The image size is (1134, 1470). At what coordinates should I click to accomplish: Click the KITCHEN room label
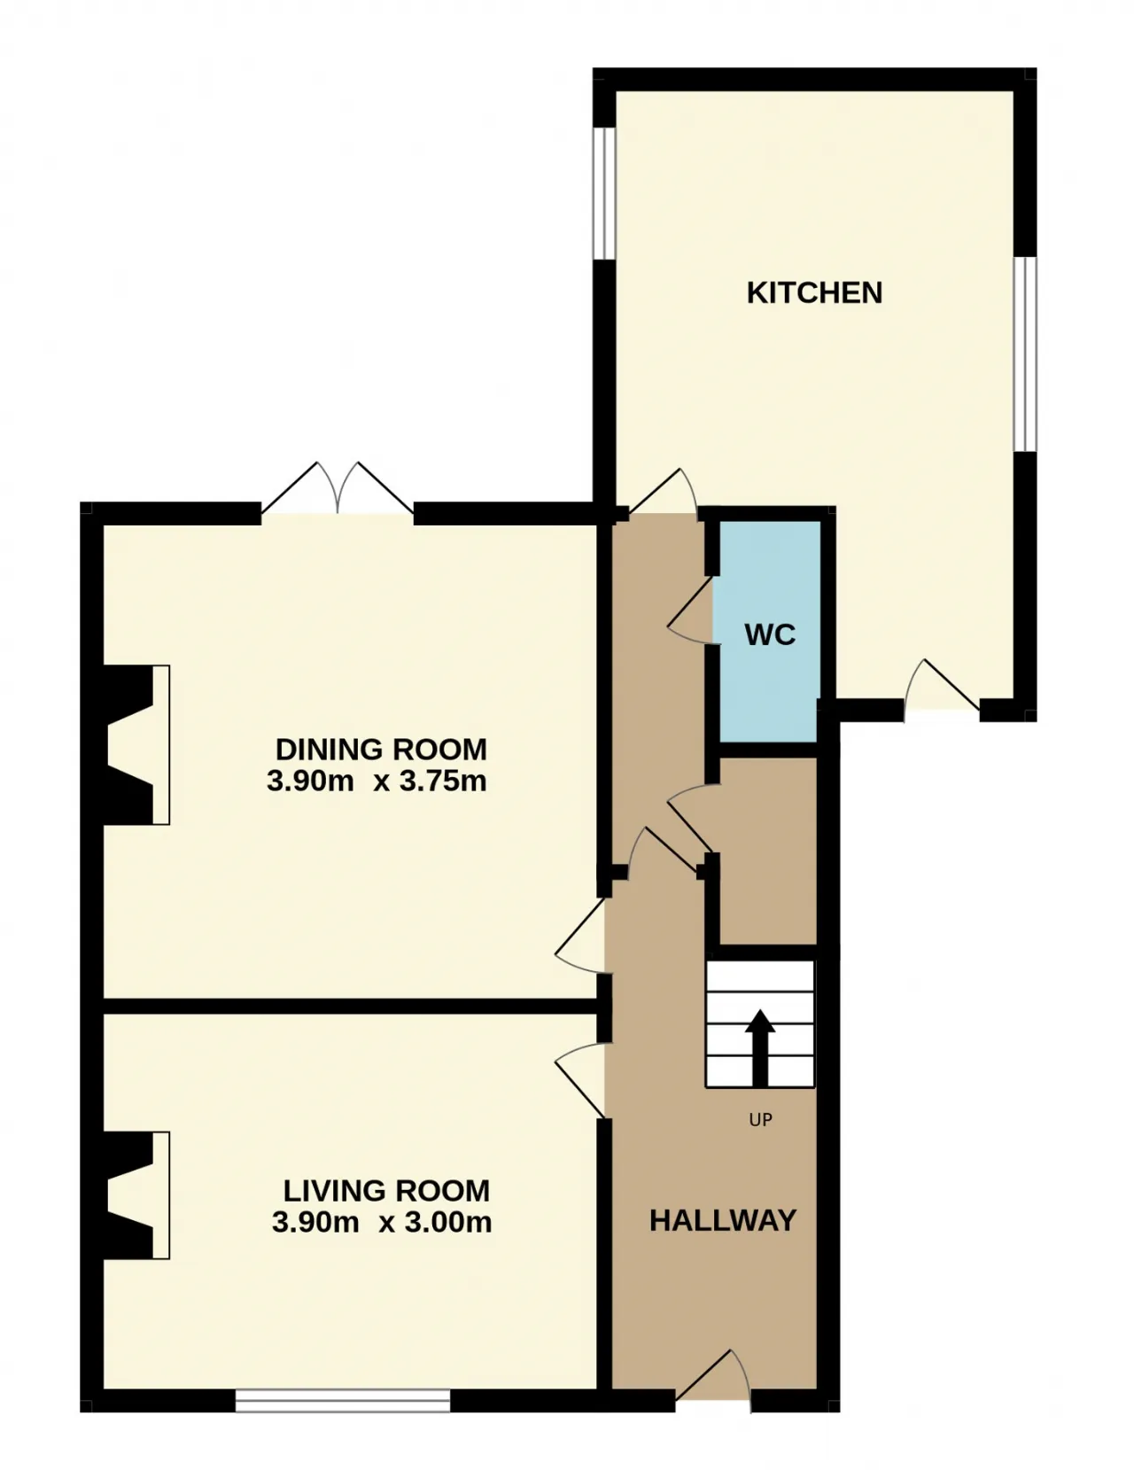814,293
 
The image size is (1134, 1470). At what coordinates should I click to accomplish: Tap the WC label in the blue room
770,634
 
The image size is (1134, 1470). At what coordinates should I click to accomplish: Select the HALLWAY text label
723,1220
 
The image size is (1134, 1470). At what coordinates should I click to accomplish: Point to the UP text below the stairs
760,1120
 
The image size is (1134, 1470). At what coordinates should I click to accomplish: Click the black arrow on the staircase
760,1047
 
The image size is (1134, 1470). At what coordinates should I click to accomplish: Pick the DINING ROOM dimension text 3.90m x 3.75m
377,782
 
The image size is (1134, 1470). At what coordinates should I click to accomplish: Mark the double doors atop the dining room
338,488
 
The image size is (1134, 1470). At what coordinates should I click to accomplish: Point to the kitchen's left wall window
604,193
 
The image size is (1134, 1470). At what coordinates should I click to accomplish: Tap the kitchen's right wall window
1025,354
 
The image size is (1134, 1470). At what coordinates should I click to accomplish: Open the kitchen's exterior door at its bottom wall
942,685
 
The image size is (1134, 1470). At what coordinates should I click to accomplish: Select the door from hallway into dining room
580,936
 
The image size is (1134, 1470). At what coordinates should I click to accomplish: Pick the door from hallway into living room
580,1080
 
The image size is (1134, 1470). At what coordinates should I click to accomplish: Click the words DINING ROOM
381,750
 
